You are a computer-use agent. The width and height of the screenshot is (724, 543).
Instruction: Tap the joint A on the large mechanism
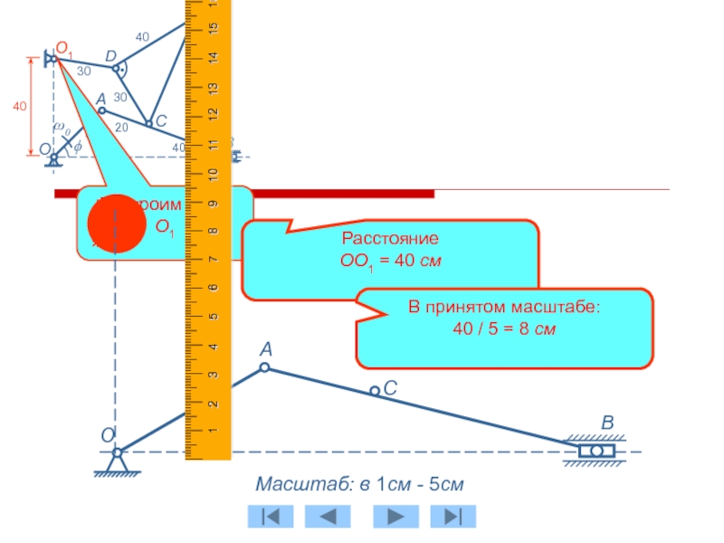point(264,367)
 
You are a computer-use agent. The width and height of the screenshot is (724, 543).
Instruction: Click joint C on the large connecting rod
point(375,391)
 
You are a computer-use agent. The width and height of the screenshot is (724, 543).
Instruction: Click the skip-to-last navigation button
point(453,516)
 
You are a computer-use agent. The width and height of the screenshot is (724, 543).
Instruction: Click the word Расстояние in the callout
point(390,240)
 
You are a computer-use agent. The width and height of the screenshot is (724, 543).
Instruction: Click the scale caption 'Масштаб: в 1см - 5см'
point(360,485)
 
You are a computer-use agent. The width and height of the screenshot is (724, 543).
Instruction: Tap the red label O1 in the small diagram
point(64,47)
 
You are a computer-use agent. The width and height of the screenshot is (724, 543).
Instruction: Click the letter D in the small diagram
point(110,57)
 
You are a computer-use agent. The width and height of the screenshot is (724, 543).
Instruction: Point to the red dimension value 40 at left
point(19,108)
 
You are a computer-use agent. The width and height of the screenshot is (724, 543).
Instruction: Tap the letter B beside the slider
point(607,424)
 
